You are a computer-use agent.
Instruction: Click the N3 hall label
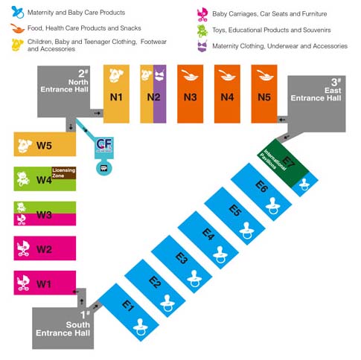pos(191,97)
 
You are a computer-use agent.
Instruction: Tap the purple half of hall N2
pos(159,94)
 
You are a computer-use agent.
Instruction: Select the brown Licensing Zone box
pos(64,173)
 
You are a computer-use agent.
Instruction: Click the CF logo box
pos(104,148)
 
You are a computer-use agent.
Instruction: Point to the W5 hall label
pos(44,145)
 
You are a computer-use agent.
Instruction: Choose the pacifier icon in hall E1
pos(140,327)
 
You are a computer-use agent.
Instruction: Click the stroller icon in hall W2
pos(23,248)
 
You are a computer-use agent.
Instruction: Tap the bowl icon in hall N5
pos(265,75)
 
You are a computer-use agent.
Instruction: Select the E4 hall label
pos(208,234)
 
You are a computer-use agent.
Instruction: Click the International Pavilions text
pos(272,161)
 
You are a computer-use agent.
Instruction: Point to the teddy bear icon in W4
pos(23,179)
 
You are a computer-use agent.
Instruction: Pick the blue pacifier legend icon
pos(18,13)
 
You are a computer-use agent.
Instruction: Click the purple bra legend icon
pos(202,46)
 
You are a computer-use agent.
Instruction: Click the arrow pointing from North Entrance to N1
pos(98,113)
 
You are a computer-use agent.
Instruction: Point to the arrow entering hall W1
pos(75,292)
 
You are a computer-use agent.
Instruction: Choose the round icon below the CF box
pos(104,169)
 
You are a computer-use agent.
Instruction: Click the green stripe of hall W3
pos(45,208)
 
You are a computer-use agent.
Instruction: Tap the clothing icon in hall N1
pos(116,75)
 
